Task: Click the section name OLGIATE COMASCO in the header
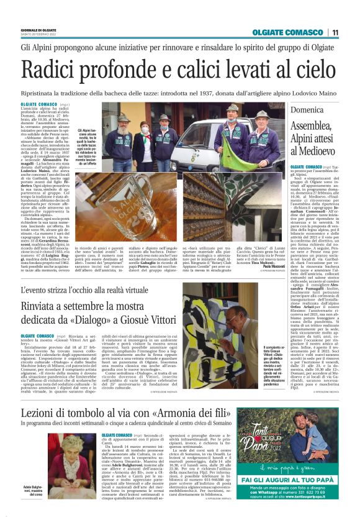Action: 287,32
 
